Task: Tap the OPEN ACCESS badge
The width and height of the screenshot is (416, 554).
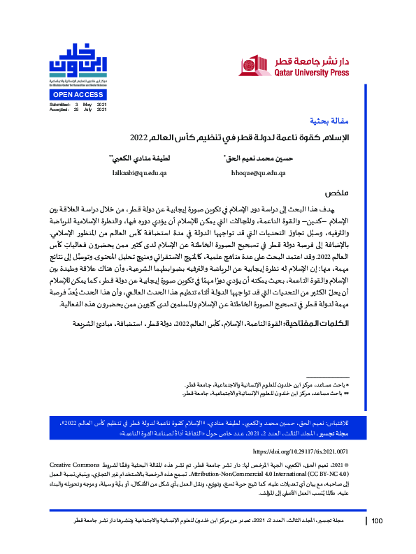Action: tap(79, 93)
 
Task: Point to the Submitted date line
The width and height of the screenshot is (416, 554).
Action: tap(78, 104)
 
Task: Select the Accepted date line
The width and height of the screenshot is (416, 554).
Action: tap(78, 110)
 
